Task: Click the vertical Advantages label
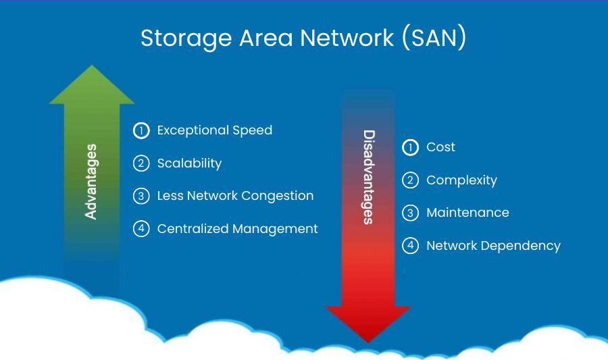coord(91,181)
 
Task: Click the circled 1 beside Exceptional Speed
coord(141,130)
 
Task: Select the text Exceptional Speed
coord(214,130)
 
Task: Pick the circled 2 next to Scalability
coord(141,163)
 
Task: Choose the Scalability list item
coord(189,163)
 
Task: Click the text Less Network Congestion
coord(235,196)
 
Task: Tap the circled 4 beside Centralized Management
coord(141,229)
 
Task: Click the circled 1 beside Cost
coord(410,147)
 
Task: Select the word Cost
coord(440,147)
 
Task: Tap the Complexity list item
coord(461,180)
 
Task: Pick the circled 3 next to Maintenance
coord(410,213)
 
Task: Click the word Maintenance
coord(467,213)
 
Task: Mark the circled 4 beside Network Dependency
coord(410,246)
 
